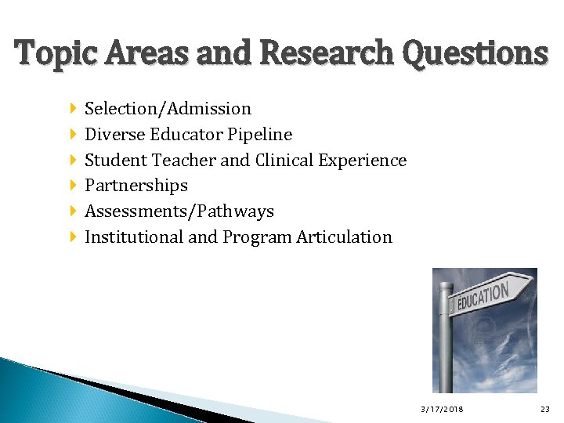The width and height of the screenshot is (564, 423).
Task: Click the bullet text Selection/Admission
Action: click(x=168, y=109)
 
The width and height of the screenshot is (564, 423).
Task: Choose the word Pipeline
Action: click(x=260, y=135)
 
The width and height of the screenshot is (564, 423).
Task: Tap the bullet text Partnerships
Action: click(x=136, y=186)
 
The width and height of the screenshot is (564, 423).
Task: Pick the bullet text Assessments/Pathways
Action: click(x=179, y=211)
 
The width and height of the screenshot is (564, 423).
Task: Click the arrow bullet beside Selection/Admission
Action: click(x=73, y=109)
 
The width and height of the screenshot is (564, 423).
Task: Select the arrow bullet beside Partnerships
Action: click(x=73, y=186)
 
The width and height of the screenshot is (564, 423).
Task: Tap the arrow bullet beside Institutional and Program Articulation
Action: click(x=73, y=237)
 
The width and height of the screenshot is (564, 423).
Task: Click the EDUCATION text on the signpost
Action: click(x=483, y=297)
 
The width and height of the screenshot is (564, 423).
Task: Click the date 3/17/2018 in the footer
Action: click(x=442, y=409)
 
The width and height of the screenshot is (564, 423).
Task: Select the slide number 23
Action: click(x=545, y=409)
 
